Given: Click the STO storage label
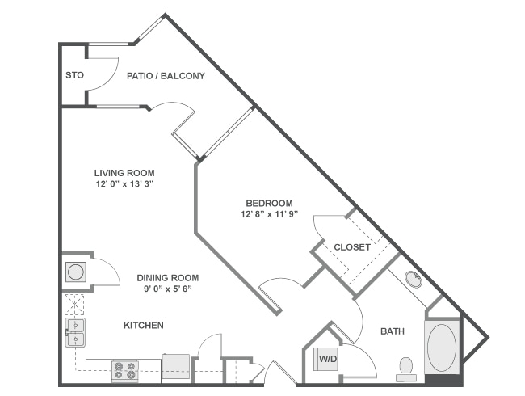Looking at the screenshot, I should tap(73, 76).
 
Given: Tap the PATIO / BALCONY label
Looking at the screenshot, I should tap(166, 76).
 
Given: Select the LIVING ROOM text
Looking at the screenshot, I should tap(124, 172).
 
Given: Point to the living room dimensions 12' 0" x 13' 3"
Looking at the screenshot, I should tap(124, 184).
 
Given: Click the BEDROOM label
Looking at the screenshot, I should tap(270, 203).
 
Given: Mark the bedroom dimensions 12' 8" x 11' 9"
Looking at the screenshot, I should tap(270, 215).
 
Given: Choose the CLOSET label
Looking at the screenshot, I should tap(352, 247).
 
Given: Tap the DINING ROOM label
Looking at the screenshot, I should tap(167, 277).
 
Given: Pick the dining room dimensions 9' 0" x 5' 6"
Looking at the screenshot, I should tap(167, 289).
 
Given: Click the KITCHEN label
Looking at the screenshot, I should tap(143, 326).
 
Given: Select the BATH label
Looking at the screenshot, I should tap(392, 331).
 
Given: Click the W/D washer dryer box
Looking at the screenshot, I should tap(327, 358).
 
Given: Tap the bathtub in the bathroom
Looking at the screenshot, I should tap(442, 347).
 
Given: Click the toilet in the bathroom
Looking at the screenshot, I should tap(406, 368).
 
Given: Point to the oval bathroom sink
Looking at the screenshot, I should tap(414, 280).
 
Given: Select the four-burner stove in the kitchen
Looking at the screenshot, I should tap(124, 370).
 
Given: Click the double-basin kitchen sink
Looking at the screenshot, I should tap(74, 331).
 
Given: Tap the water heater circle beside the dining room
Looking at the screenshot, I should tap(75, 272).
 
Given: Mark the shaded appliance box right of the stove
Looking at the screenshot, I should tap(175, 367).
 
